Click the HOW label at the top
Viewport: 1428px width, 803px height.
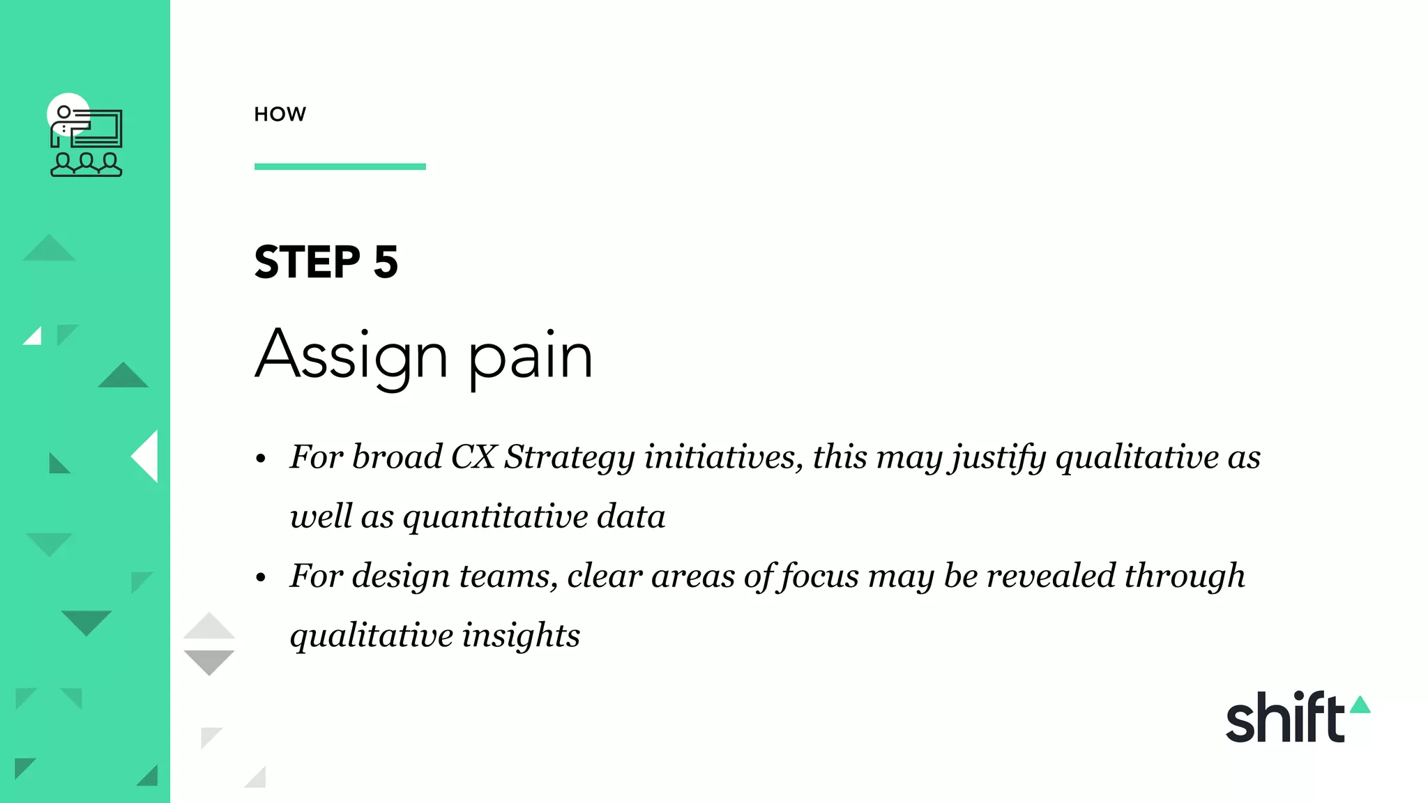pos(280,114)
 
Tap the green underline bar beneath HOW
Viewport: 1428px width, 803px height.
pos(340,167)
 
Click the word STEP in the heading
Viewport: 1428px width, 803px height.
pos(307,263)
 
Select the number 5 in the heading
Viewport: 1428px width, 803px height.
pos(386,263)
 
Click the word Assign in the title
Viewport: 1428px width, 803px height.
pos(351,355)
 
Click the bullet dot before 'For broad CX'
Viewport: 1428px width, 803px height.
pos(261,459)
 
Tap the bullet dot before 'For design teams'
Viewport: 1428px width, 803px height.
pos(261,577)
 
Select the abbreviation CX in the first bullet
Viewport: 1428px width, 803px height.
pos(473,457)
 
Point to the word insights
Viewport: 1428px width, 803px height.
pos(520,635)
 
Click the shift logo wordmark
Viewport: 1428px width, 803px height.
pos(1284,718)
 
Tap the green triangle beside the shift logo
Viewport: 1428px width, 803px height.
pos(1360,705)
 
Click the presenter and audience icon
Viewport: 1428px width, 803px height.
pos(86,139)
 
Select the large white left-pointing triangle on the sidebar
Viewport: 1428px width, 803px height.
pos(146,457)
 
